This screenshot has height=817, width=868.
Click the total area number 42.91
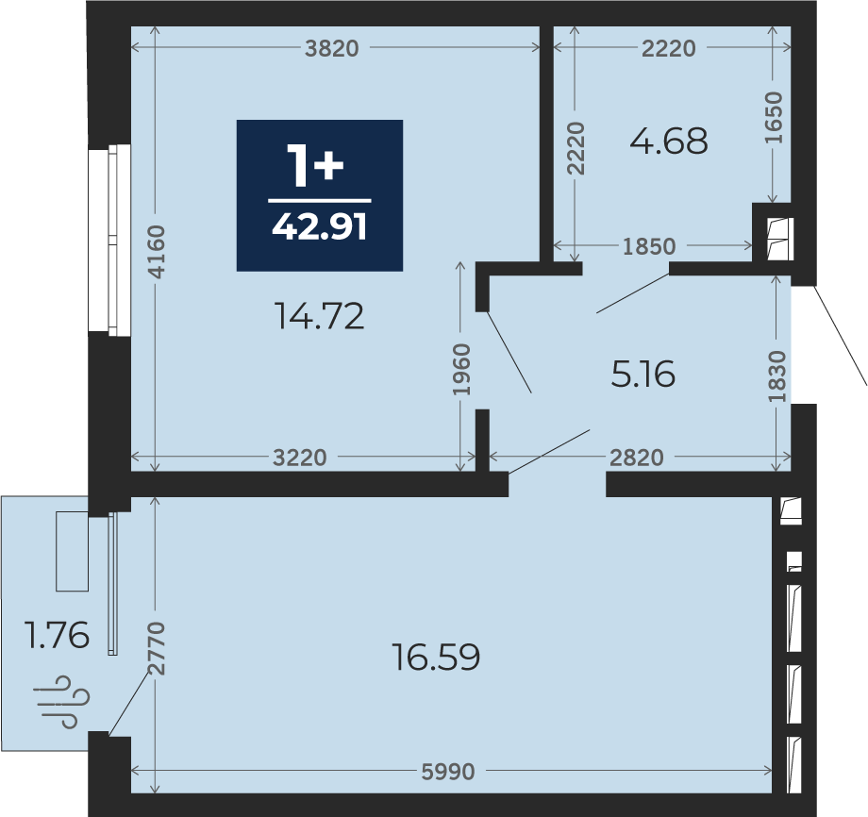[x=320, y=226]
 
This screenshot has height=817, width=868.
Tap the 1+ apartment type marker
[x=315, y=165]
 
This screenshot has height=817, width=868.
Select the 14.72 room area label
[x=320, y=316]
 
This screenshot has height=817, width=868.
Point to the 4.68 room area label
[x=669, y=141]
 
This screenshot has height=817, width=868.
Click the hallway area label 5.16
[x=643, y=374]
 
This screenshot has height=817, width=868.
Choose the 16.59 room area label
[x=436, y=657]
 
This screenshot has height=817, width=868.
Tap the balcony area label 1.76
[x=57, y=635]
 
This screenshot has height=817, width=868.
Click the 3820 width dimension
[x=331, y=49]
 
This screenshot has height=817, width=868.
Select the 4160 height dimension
[x=157, y=251]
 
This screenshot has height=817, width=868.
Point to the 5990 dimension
[x=448, y=772]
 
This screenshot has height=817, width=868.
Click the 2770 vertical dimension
[x=157, y=648]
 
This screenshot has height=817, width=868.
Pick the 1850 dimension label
[x=649, y=246]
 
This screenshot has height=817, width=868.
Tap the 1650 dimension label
[x=774, y=117]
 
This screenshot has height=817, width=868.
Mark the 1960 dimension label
[x=461, y=369]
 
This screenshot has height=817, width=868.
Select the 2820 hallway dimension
[x=637, y=458]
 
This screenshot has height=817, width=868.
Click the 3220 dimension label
[x=300, y=458]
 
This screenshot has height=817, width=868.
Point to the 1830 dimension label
[x=776, y=376]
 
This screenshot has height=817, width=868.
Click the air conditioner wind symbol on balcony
[x=61, y=702]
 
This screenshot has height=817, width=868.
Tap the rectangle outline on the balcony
[x=72, y=551]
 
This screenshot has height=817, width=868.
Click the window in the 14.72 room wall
[x=110, y=241]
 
